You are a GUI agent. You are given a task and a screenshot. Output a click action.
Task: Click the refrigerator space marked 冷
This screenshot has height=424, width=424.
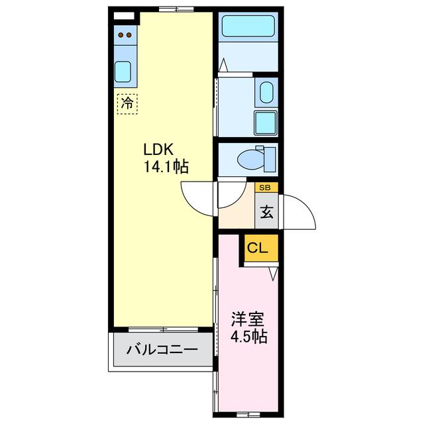point(127,104)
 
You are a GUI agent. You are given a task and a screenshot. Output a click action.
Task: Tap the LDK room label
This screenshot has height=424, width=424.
point(158,149)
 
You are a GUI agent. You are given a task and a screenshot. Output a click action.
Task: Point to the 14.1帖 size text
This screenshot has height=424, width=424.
point(166,166)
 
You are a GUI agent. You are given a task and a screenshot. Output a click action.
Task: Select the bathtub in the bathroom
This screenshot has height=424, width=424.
point(248,26)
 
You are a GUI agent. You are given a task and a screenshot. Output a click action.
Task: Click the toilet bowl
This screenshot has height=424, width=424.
point(250,160)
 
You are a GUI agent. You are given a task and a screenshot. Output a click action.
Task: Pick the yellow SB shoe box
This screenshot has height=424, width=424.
point(266,187)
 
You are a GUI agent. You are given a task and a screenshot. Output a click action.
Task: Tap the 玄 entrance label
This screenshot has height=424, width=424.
point(266,212)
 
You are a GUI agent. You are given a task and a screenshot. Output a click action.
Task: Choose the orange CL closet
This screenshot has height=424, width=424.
point(261,248)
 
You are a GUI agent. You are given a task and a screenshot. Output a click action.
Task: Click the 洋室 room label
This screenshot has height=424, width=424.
point(247,319)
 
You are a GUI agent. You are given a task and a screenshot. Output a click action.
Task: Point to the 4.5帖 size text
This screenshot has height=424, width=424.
point(249,337)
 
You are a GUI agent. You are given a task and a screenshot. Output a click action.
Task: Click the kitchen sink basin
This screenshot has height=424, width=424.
point(123,72)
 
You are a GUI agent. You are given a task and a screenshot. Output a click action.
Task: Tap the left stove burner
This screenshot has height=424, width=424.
point(121,35)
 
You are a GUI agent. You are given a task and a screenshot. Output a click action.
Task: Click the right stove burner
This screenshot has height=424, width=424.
point(129,35)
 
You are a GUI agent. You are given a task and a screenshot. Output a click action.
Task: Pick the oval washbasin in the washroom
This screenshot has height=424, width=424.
point(266,92)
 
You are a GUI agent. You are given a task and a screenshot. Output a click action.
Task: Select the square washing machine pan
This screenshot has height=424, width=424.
point(266,123)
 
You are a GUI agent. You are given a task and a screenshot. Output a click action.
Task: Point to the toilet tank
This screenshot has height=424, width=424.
point(270,160)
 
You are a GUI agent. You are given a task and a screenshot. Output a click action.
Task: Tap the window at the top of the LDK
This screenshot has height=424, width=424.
point(176,9)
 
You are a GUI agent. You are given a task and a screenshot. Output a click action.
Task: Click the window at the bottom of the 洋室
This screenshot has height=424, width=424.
point(248,414)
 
